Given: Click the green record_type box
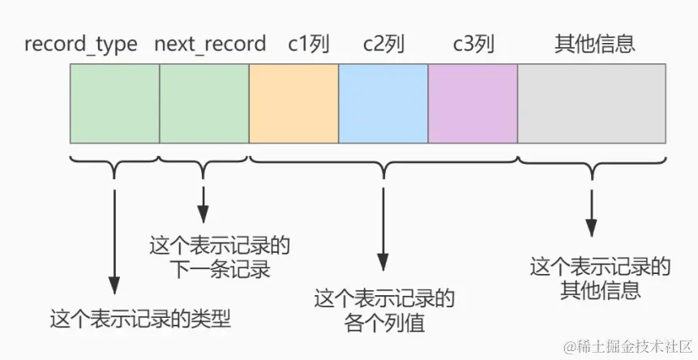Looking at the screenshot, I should pos(114,103).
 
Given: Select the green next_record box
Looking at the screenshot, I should pos(204,103).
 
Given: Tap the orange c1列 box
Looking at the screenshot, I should pos(293,103).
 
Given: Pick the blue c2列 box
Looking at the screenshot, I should pos(383,103).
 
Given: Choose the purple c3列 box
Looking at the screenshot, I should pos(473,103).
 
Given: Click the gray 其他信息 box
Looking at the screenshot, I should pos(592,103).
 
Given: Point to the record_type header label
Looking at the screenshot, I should pos(81,44).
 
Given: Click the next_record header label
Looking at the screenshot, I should pos(210,44).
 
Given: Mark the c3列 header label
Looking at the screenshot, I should pos(473,44).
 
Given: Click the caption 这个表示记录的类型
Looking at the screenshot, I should pos(140,318).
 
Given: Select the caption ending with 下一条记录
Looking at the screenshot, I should pos(220,256).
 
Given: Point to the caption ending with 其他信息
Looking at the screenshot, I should pos(600,277).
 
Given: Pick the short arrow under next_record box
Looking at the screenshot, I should pos(203,203).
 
